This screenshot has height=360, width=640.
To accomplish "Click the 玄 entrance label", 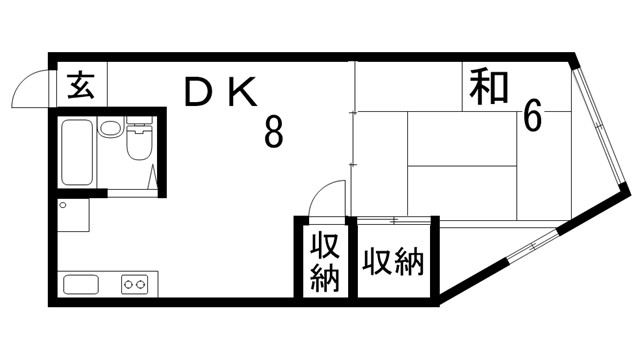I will tap(80, 86).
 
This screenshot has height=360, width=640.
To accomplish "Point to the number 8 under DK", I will tap(273, 131).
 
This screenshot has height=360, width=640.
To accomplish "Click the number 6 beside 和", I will tap(532, 117).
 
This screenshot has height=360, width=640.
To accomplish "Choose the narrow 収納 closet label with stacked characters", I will tap(322, 261).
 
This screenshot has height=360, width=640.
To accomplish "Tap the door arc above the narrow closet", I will tap(326, 198).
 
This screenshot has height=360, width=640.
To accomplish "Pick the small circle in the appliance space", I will tap(63, 205).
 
